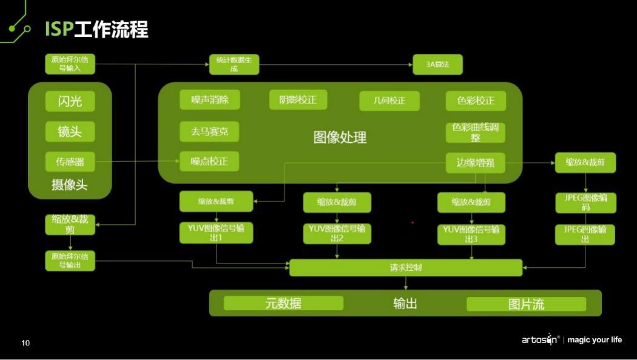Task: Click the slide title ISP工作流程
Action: pyautogui.click(x=96, y=29)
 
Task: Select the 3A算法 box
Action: pyautogui.click(x=437, y=64)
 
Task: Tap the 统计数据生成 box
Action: pyautogui.click(x=234, y=64)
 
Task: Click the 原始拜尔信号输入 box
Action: pyautogui.click(x=70, y=64)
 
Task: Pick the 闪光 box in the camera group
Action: pyautogui.click(x=70, y=101)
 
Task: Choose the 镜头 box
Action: pyautogui.click(x=70, y=131)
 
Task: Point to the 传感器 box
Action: pyautogui.click(x=70, y=161)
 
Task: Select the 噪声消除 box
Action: pyautogui.click(x=209, y=100)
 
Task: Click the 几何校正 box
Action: pyautogui.click(x=389, y=101)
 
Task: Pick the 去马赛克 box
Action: pyautogui.click(x=209, y=131)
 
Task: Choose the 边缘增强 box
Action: pyautogui.click(x=475, y=163)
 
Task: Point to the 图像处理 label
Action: pyautogui.click(x=340, y=138)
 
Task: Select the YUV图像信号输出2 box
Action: pyautogui.click(x=337, y=233)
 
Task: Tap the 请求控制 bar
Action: pyautogui.click(x=405, y=267)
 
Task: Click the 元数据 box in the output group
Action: pyautogui.click(x=283, y=304)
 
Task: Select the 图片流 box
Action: pyautogui.click(x=526, y=304)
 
